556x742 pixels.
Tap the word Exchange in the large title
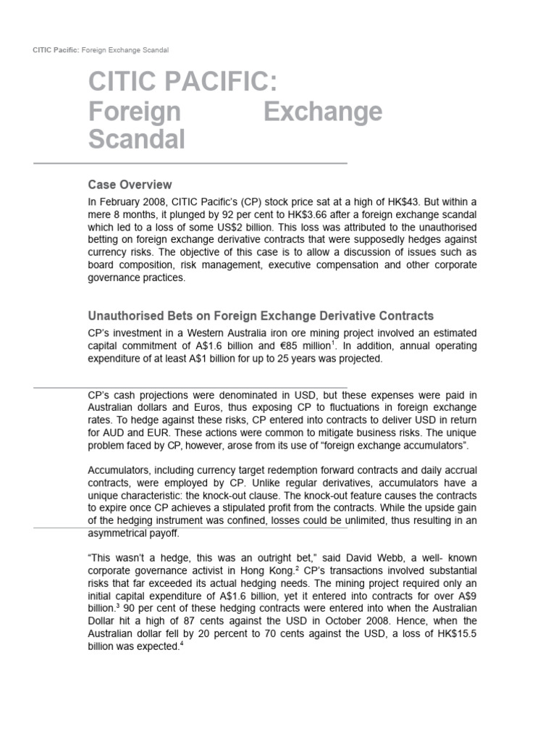coord(322,112)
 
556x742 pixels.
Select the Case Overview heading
coord(130,185)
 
